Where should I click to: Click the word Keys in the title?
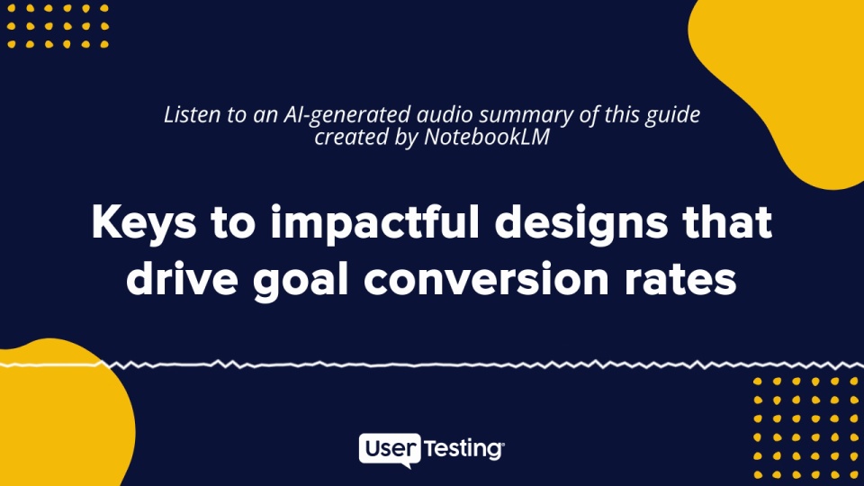pyautogui.click(x=144, y=223)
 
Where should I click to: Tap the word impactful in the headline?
pyautogui.click(x=374, y=222)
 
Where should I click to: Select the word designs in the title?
pyautogui.click(x=581, y=223)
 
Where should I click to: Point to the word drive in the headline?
pyautogui.click(x=182, y=278)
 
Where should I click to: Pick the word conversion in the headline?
pyautogui.click(x=486, y=279)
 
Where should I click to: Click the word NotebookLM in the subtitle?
pyautogui.click(x=487, y=137)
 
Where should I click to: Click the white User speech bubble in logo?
pyautogui.click(x=390, y=450)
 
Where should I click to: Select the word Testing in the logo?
pyautogui.click(x=463, y=449)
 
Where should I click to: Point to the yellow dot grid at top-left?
pyautogui.click(x=58, y=26)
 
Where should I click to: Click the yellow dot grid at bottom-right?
pyautogui.click(x=806, y=427)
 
